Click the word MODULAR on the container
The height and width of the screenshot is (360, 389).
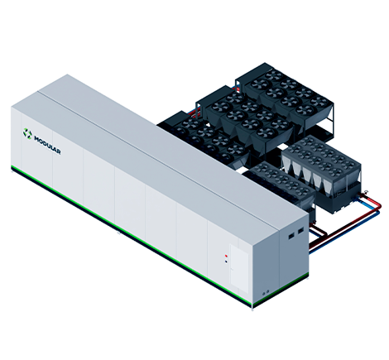point(47,145)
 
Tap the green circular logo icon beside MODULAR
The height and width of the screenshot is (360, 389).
point(27,133)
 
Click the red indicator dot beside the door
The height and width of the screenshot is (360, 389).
point(226,256)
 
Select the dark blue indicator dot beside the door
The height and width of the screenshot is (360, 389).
point(226,262)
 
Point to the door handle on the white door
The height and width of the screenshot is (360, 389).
point(232,269)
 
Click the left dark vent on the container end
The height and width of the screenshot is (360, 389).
point(291,236)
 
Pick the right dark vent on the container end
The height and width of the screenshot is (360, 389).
point(300,230)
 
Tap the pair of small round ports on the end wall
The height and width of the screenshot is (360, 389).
point(265,292)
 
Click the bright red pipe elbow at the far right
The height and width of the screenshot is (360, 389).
point(378,204)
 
